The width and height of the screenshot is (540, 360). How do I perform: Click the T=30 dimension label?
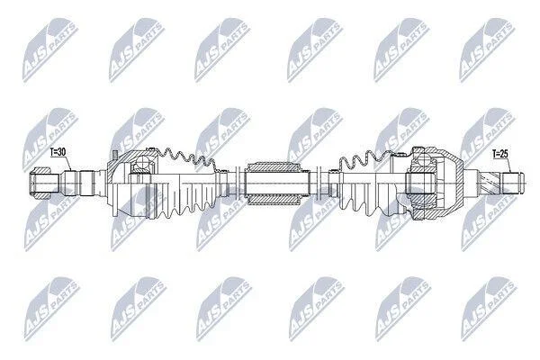(58, 152)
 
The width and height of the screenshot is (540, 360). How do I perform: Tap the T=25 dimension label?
(500, 154)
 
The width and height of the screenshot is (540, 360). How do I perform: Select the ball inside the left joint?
(142, 162)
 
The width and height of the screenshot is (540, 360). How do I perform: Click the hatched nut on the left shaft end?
(39, 183)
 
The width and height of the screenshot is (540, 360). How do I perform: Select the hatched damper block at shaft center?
(273, 184)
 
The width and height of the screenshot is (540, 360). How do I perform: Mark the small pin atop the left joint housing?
(115, 155)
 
